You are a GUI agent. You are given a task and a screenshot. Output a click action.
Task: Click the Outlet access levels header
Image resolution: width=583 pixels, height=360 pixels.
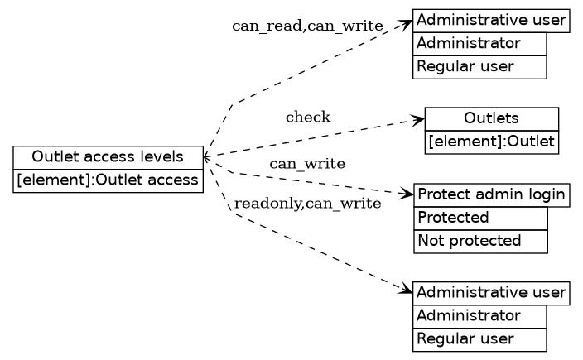[108, 157]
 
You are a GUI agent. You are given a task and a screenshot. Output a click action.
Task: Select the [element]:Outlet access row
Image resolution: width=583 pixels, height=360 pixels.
[108, 181]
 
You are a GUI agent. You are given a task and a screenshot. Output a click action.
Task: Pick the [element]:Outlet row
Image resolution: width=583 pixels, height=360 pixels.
[491, 142]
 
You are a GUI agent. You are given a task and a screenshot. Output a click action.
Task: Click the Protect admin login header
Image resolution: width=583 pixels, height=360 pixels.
[491, 195]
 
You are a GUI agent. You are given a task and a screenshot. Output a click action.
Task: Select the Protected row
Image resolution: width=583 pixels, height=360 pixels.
[480, 218]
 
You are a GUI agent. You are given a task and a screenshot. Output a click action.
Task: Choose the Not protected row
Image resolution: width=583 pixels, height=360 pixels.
[480, 242]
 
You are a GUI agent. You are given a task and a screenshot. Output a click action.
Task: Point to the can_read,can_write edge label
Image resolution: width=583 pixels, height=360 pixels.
[307, 26]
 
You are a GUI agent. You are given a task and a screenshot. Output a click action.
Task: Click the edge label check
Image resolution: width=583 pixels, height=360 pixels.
[308, 118]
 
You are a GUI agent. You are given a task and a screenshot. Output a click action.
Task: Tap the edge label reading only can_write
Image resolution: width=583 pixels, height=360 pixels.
[307, 164]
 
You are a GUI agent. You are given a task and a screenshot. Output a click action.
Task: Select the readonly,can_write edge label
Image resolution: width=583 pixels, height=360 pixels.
[307, 203]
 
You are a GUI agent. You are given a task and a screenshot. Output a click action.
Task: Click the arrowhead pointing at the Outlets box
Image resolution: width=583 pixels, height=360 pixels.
[419, 120]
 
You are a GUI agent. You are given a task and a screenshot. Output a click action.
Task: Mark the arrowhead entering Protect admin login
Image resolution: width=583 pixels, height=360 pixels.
[407, 195]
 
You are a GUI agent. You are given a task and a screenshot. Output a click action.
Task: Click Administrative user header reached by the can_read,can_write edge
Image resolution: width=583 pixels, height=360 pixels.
[491, 20]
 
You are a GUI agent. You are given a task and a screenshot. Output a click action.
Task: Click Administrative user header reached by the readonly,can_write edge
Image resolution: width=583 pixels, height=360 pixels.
[491, 293]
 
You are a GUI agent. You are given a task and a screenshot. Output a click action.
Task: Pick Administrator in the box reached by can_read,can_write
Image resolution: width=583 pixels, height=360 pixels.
[479, 43]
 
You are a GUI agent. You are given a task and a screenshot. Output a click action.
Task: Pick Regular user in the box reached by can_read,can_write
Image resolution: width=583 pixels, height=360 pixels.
[479, 67]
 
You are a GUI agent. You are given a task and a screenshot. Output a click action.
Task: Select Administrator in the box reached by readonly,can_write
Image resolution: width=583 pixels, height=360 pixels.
[479, 316]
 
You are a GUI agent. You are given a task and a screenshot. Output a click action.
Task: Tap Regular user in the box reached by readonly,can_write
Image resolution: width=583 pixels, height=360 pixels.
[479, 339]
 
